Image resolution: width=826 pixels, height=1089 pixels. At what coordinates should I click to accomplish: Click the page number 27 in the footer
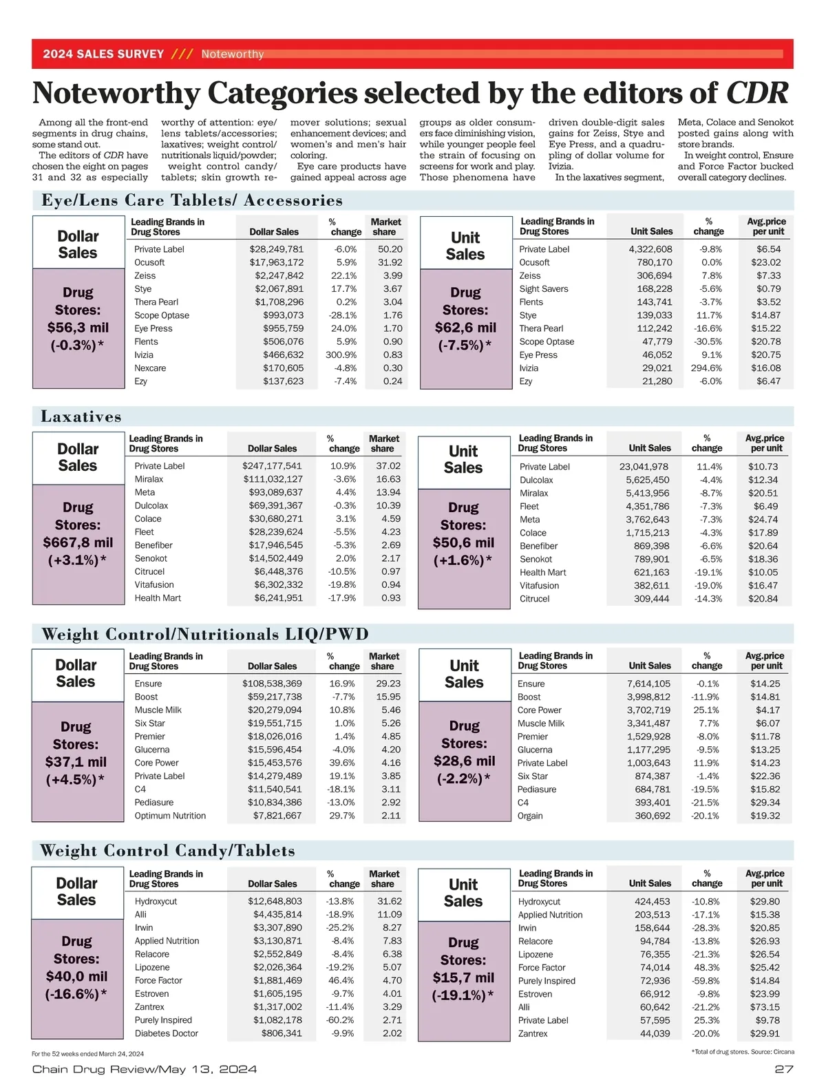point(783,1069)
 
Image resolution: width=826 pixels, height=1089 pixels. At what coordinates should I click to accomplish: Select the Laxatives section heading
point(81,416)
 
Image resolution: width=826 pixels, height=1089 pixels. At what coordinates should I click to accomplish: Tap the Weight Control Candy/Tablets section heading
point(167,851)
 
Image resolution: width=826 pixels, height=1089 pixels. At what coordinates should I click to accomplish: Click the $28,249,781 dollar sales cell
point(276,249)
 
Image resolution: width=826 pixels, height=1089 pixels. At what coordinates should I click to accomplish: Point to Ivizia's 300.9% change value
point(341,355)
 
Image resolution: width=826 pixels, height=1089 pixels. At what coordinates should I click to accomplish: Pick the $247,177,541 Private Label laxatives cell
point(272,466)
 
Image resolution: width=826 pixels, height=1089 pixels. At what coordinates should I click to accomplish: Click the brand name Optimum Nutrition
point(170,816)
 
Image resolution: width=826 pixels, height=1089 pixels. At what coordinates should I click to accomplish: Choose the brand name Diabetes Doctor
point(167,1033)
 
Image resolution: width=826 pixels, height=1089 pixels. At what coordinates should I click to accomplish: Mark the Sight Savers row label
point(544,289)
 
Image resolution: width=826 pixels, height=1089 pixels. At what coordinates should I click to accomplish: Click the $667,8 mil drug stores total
point(78,542)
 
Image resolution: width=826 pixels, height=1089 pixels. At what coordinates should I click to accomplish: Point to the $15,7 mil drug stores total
point(463,978)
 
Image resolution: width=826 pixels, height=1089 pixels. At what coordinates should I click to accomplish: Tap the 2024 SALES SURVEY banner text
point(103,54)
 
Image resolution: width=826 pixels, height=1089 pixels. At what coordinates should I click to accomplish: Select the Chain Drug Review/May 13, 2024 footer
point(145,1069)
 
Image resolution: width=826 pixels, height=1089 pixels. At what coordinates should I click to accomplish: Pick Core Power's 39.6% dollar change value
point(342,763)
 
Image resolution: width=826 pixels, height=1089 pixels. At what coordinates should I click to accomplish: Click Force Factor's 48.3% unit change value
point(706,968)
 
